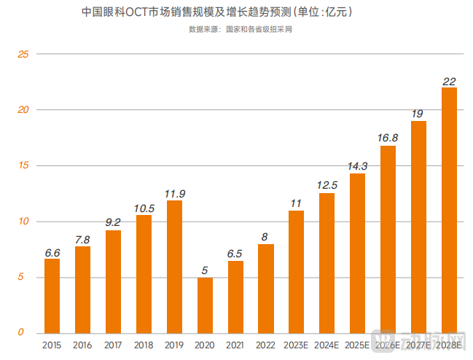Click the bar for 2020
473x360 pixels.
(205, 305)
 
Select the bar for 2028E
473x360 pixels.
(449, 210)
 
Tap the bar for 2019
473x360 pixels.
(174, 266)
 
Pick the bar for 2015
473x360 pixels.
(52, 296)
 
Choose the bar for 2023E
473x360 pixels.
(296, 271)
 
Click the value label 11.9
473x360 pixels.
(174, 193)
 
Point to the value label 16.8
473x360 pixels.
(388, 138)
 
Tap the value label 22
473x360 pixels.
(449, 80)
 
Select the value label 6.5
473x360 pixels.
(235, 253)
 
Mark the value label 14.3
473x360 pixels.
(357, 166)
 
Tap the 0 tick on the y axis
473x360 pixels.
(21, 333)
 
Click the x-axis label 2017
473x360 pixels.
(113, 345)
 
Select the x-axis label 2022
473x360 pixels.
(266, 345)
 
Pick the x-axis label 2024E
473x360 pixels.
(327, 345)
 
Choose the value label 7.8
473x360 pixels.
(82, 239)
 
